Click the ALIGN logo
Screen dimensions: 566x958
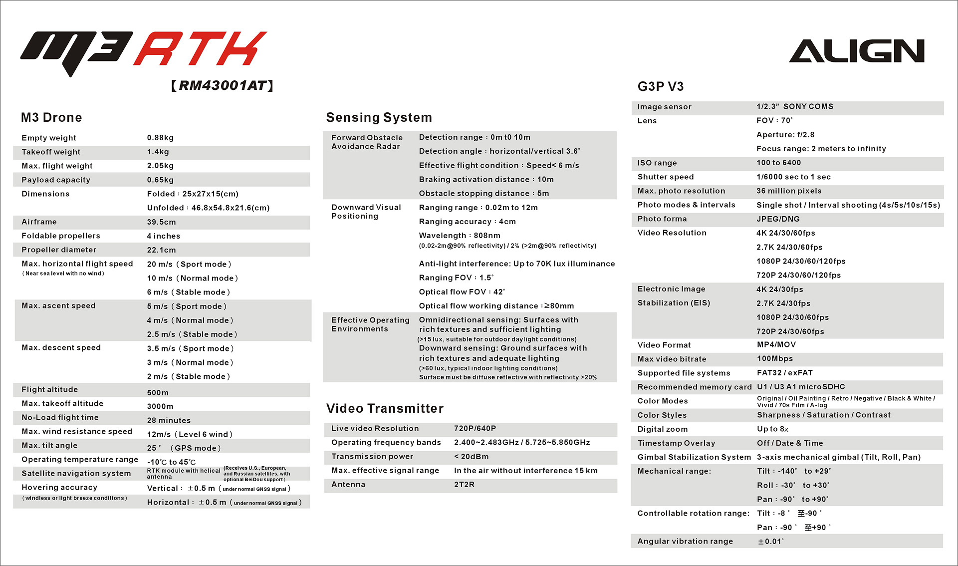(x=856, y=51)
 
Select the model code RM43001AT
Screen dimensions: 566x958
(x=222, y=85)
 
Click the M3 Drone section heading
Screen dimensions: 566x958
(x=51, y=118)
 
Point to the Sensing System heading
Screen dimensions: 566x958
(x=379, y=118)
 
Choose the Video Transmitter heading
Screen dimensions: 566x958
(x=385, y=409)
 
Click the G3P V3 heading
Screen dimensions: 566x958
(x=660, y=87)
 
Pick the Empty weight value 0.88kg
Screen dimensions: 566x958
(x=160, y=138)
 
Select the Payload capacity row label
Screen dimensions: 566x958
(x=56, y=180)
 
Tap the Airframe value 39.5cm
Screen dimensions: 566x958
(x=161, y=222)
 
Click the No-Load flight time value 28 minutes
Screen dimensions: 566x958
(x=169, y=420)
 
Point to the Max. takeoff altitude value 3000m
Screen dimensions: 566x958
(x=160, y=406)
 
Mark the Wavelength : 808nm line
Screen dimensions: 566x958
(x=460, y=236)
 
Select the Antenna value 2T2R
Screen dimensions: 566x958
(x=464, y=485)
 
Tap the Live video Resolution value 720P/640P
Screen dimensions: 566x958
(x=475, y=428)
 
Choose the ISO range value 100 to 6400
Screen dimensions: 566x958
(x=778, y=163)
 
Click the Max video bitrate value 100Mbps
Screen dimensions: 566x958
(x=775, y=359)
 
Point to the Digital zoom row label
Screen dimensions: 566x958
(x=662, y=429)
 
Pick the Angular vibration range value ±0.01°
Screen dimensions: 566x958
(x=771, y=542)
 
